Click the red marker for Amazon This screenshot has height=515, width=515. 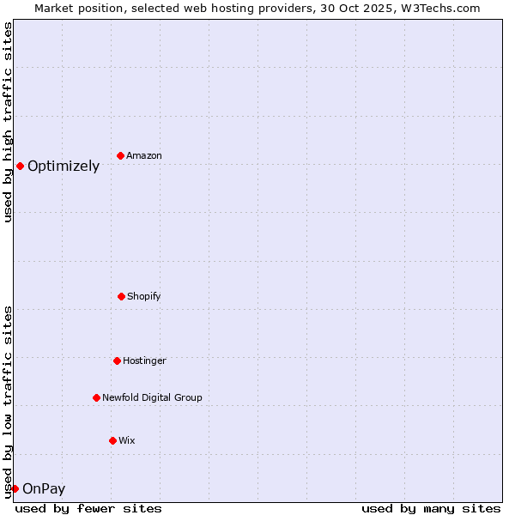(121, 155)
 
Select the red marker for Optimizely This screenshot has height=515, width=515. (20, 166)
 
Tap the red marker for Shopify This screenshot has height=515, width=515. (121, 296)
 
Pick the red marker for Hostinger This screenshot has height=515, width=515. (117, 360)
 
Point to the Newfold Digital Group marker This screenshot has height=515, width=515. (96, 397)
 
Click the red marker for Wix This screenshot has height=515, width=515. (112, 440)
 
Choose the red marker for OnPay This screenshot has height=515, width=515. (15, 488)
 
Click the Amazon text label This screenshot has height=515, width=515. (144, 155)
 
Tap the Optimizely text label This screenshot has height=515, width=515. (64, 167)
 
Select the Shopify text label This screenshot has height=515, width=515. (144, 296)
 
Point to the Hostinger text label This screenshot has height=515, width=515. (144, 360)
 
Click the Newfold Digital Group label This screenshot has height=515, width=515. (152, 397)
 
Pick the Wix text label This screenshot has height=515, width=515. (127, 440)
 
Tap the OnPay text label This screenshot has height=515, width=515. (44, 489)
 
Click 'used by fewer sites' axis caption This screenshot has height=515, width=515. (88, 508)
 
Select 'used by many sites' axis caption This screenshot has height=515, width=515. (431, 508)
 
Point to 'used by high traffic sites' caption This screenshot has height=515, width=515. (8, 122)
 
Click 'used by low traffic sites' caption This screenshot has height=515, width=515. (8, 402)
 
